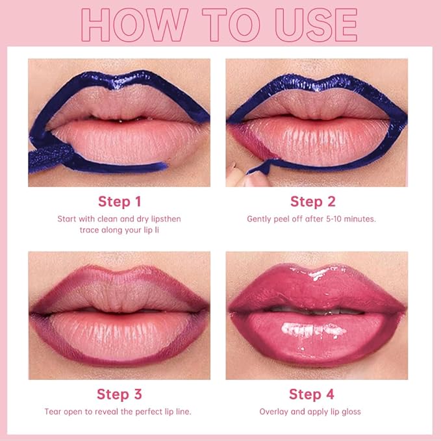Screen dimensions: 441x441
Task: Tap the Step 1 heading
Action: tap(120, 201)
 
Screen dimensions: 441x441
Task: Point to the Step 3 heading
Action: tap(120, 394)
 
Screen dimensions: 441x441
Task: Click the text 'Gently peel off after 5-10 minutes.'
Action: tap(311, 219)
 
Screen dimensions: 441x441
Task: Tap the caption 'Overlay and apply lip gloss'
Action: tap(310, 412)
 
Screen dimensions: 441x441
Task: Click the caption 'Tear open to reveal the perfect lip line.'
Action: tap(117, 412)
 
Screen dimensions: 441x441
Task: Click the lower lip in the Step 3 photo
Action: tap(120, 334)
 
